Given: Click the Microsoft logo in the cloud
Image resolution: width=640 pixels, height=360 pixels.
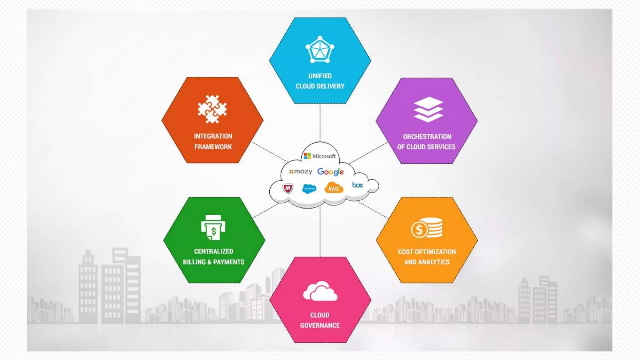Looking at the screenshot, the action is [320, 156].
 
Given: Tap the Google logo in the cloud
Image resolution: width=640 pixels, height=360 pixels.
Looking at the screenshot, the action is [330, 172].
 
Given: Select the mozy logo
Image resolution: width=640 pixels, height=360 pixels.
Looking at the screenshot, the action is [301, 172].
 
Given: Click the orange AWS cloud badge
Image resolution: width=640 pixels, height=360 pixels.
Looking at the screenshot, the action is [334, 188].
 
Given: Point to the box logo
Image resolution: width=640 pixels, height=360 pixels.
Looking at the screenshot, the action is [357, 185].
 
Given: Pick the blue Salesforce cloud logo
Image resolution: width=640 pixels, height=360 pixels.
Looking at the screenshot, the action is [309, 188].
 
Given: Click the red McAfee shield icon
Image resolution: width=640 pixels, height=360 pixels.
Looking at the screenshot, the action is [287, 188].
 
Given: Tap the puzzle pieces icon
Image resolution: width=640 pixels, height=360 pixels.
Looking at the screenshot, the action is [212, 109].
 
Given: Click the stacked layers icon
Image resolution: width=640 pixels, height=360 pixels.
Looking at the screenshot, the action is [428, 109].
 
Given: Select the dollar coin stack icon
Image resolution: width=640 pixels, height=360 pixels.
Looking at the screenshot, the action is [427, 228].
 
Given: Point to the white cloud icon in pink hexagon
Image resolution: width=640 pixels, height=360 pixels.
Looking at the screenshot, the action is [320, 291].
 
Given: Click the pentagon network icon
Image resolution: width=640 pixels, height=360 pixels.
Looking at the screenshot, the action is [320, 50].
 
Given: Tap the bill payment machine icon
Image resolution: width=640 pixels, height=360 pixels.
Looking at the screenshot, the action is [213, 227].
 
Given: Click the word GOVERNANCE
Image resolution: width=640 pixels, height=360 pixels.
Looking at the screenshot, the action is [320, 325].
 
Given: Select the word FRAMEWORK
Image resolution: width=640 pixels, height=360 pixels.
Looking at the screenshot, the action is [213, 147].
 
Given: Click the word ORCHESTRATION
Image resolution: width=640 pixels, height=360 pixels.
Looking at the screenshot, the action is [427, 137].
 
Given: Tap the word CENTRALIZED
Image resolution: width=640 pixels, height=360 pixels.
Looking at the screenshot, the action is [213, 251].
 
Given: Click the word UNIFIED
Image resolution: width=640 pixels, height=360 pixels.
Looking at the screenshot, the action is [320, 76].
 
